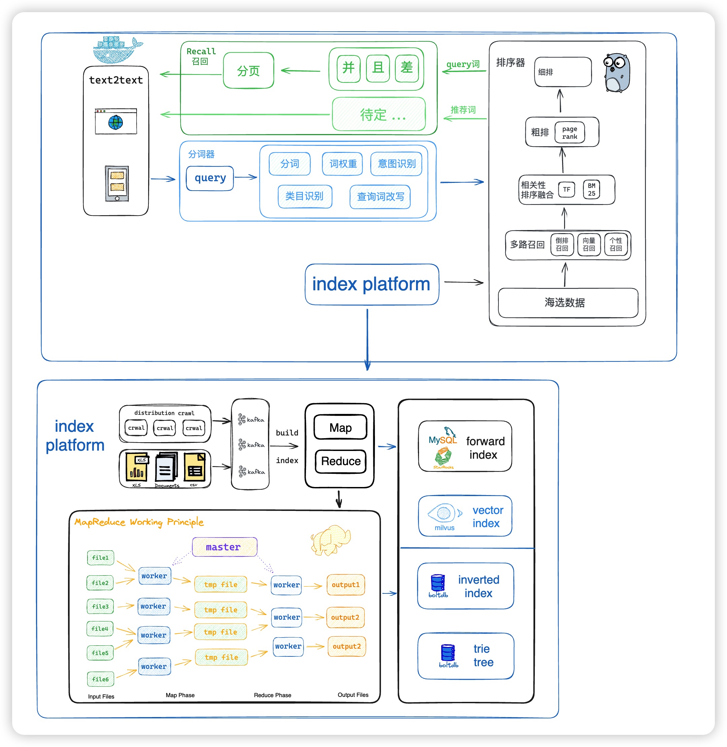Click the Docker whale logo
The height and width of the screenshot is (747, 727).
coord(116,50)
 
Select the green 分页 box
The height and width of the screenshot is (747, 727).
coord(248,71)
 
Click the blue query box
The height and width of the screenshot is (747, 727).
coord(210,178)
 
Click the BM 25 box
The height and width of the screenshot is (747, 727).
coord(591,190)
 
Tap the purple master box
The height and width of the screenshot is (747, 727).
coord(224,547)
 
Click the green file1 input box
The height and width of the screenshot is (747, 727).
coord(100,557)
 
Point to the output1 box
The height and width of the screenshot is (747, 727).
coord(346,585)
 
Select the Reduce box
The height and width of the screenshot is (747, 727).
coord(341,461)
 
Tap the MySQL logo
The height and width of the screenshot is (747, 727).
coord(443,437)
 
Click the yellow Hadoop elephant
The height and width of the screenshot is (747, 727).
coord(330,540)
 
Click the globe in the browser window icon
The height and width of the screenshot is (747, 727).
coord(116,123)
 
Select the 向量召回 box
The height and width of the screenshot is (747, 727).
coord(589,245)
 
